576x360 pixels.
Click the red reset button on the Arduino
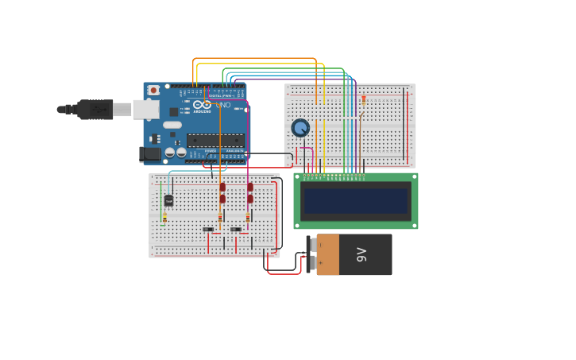153,91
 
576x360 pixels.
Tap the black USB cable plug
95,110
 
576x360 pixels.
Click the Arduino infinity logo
202,105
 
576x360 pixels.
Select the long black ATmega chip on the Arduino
215,141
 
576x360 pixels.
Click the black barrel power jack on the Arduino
149,154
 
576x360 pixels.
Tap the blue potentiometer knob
300,127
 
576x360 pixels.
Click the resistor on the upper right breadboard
364,100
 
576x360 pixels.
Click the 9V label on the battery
361,254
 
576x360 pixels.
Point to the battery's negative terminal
312,263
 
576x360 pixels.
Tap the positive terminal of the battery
312,246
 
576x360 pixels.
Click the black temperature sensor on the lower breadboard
168,200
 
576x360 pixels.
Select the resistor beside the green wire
164,218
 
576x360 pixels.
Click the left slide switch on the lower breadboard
208,230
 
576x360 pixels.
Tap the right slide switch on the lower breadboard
236,230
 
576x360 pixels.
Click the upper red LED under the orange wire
222,188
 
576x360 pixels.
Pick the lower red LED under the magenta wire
250,199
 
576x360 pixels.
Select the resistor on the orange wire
220,218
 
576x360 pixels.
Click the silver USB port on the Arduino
145,110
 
